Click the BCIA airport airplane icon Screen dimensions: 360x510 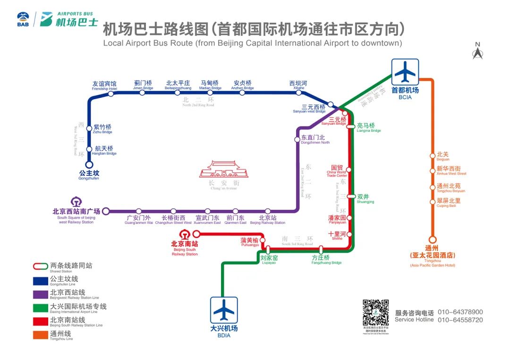(x=405, y=72)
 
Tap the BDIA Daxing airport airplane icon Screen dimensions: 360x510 (x=223, y=310)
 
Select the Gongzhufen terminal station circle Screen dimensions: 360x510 (x=89, y=165)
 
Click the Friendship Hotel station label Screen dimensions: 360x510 (x=104, y=86)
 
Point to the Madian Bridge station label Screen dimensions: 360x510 (x=210, y=85)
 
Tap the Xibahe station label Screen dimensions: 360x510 (x=298, y=85)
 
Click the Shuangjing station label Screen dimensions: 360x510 (x=365, y=198)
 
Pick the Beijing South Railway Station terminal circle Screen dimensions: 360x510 (x=196, y=234)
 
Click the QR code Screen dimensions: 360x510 (x=375, y=313)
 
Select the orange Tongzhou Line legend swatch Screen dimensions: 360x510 (x=40, y=335)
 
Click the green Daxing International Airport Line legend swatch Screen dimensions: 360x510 (x=40, y=308)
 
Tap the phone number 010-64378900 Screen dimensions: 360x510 (x=460, y=312)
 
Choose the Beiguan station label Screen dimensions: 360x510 (x=443, y=156)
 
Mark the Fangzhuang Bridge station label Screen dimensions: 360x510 (x=326, y=260)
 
